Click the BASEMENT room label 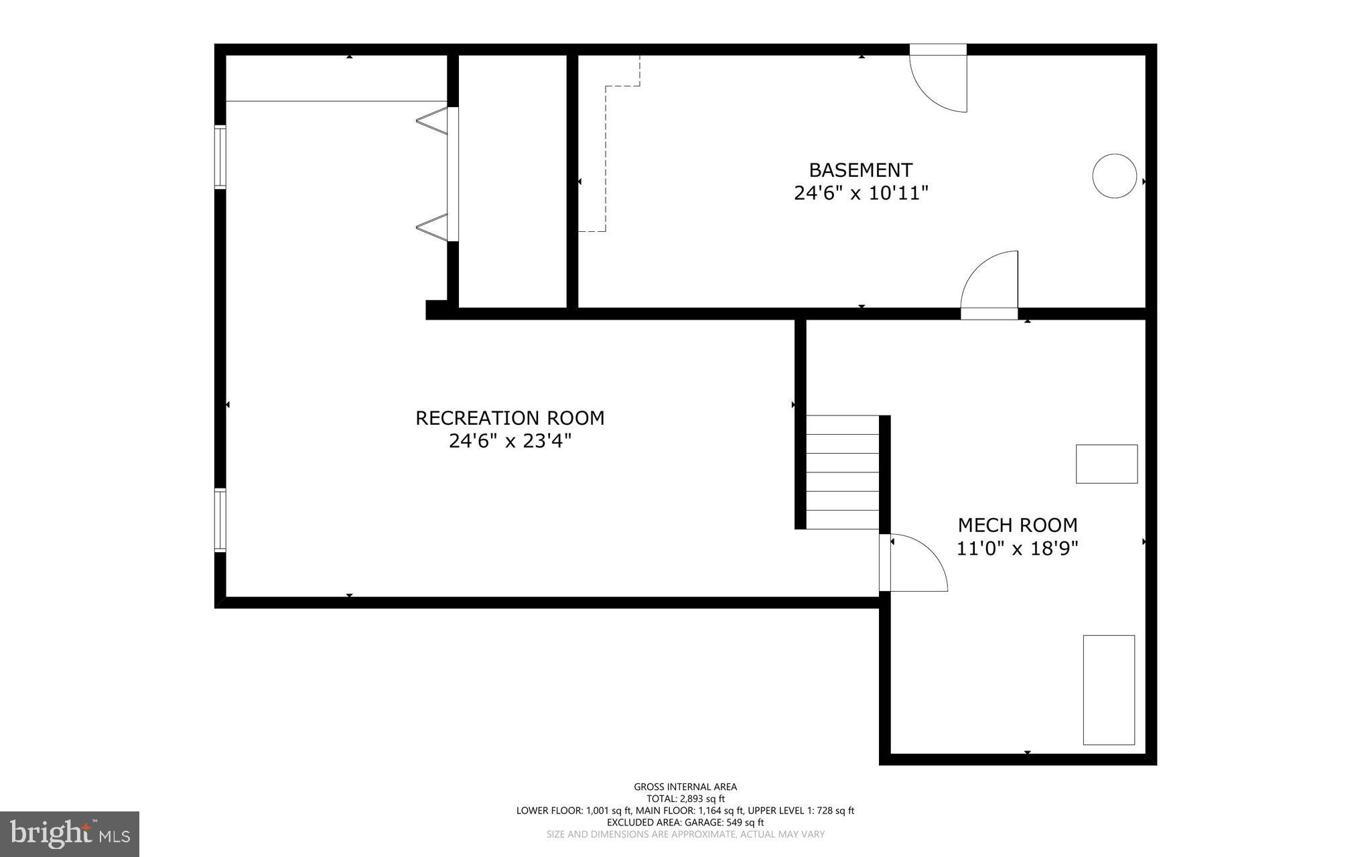click(x=860, y=170)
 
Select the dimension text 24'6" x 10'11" click(x=861, y=194)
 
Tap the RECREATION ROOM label click(x=510, y=418)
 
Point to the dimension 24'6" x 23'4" click(x=510, y=442)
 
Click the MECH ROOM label click(x=1017, y=525)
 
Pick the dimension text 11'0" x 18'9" click(x=1017, y=549)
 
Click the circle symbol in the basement click(x=1114, y=176)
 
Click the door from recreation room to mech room click(x=912, y=563)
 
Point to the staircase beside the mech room click(x=842, y=472)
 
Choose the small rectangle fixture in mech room click(x=1106, y=464)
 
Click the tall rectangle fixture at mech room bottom click(x=1109, y=689)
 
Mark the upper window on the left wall click(x=220, y=157)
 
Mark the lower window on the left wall click(x=220, y=521)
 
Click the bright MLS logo click(x=70, y=833)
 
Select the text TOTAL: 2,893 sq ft click(x=685, y=799)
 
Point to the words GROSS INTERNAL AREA click(x=685, y=787)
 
